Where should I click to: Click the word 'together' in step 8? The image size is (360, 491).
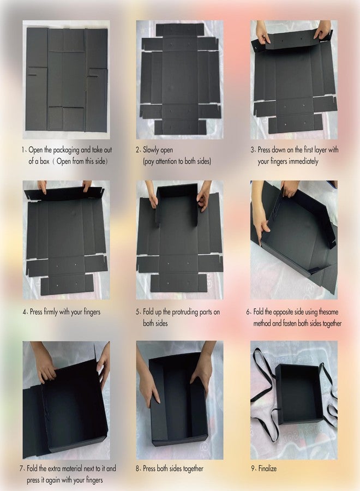pyautogui.click(x=193, y=469)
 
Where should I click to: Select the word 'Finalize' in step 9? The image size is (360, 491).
pyautogui.click(x=267, y=469)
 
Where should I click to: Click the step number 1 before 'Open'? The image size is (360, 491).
pyautogui.click(x=23, y=150)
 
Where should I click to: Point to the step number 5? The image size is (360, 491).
pyautogui.click(x=137, y=312)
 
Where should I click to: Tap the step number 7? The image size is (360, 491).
pyautogui.click(x=21, y=469)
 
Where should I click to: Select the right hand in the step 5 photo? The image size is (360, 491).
pyautogui.click(x=203, y=196)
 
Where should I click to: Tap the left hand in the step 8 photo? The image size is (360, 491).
pyautogui.click(x=149, y=380)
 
